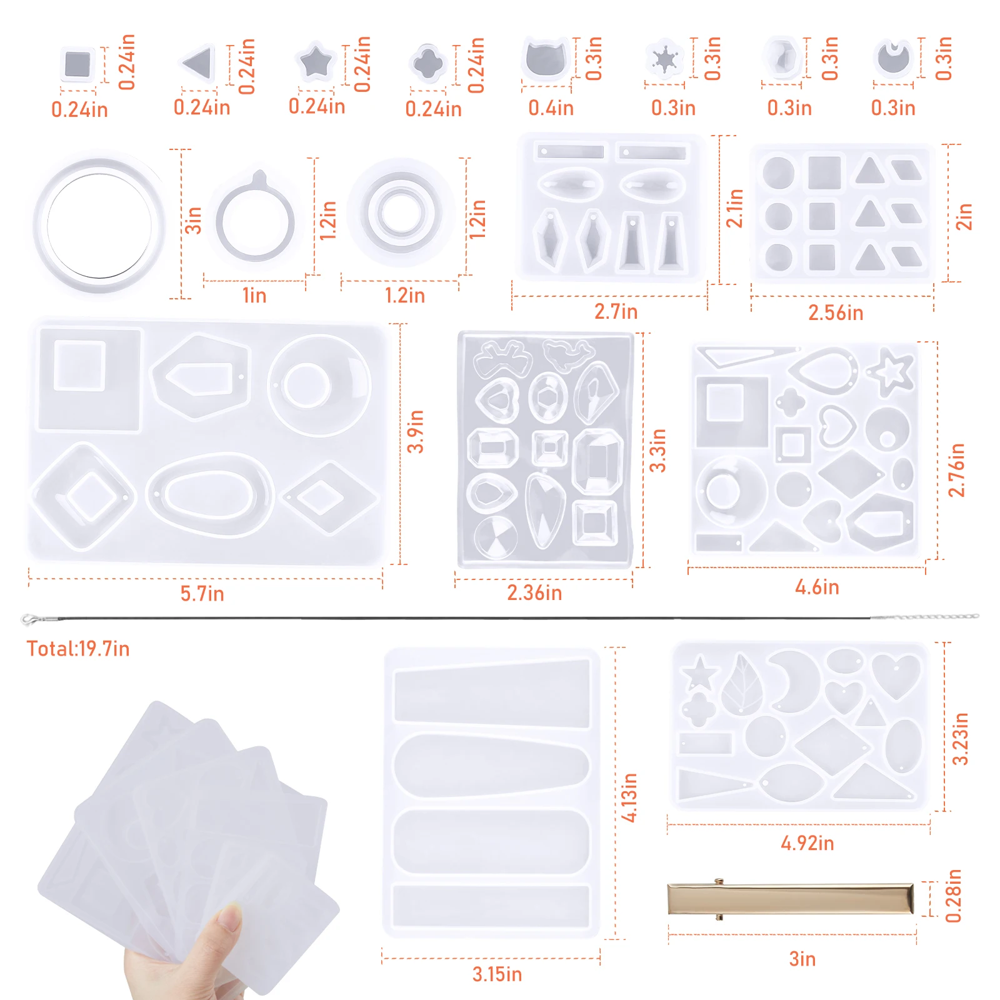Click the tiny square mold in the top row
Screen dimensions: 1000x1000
[x=78, y=64]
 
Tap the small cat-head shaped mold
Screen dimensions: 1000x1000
[x=546, y=59]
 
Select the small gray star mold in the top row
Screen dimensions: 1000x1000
[x=316, y=61]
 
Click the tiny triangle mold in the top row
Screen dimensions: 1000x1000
[x=198, y=62]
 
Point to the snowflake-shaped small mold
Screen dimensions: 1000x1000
[x=664, y=60]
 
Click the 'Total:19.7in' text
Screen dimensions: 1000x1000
[x=78, y=649]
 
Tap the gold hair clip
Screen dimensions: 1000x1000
[x=791, y=899]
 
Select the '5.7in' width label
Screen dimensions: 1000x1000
[x=202, y=594]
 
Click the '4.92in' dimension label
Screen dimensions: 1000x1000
[x=807, y=843]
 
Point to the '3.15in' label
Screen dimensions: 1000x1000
[x=497, y=974]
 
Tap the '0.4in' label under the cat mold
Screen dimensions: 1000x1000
[x=551, y=108]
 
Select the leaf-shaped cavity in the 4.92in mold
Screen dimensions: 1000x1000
[x=742, y=684]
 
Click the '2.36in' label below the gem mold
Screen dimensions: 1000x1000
[x=534, y=592]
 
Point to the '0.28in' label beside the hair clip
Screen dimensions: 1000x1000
[x=953, y=896]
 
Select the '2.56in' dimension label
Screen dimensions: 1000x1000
[x=836, y=312]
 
